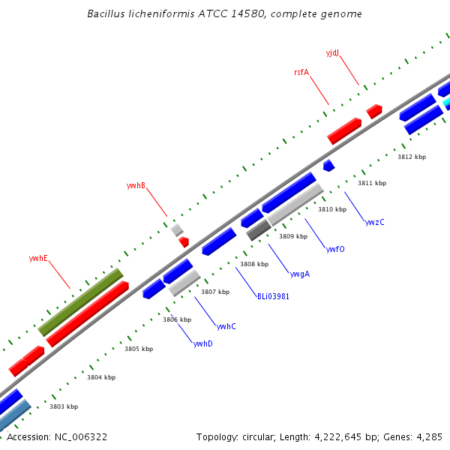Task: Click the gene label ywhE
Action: pyautogui.click(x=38, y=258)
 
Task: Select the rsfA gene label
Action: pyautogui.click(x=301, y=72)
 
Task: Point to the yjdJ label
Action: pyautogui.click(x=332, y=52)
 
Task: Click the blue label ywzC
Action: pyautogui.click(x=374, y=222)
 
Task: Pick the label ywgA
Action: pyautogui.click(x=300, y=274)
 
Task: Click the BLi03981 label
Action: pyautogui.click(x=273, y=296)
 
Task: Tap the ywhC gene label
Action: pyautogui.click(x=226, y=326)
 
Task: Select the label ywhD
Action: pyautogui.click(x=202, y=343)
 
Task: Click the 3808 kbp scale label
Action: pyautogui.click(x=253, y=264)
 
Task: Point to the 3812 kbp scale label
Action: pyautogui.click(x=411, y=157)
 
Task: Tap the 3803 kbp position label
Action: pyautogui.click(x=63, y=406)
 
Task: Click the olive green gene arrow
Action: pyautogui.click(x=81, y=301)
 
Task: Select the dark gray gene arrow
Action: pyautogui.click(x=259, y=229)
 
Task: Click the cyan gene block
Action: pyautogui.click(x=447, y=102)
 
